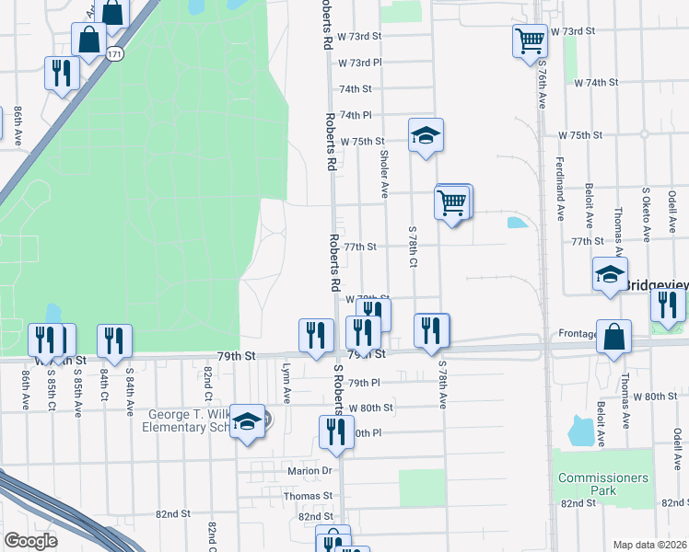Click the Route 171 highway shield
[x=114, y=55]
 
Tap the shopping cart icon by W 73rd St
[x=530, y=40]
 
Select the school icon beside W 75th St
[x=426, y=135]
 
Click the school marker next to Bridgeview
[x=610, y=274]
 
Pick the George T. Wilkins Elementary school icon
[x=247, y=421]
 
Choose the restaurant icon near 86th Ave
[x=61, y=74]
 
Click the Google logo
[x=30, y=540]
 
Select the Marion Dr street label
[x=309, y=471]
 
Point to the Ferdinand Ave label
[x=560, y=188]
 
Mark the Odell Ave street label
[x=673, y=211]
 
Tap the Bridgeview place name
[x=657, y=285]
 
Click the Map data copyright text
[x=649, y=545]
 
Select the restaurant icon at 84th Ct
[x=114, y=340]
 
